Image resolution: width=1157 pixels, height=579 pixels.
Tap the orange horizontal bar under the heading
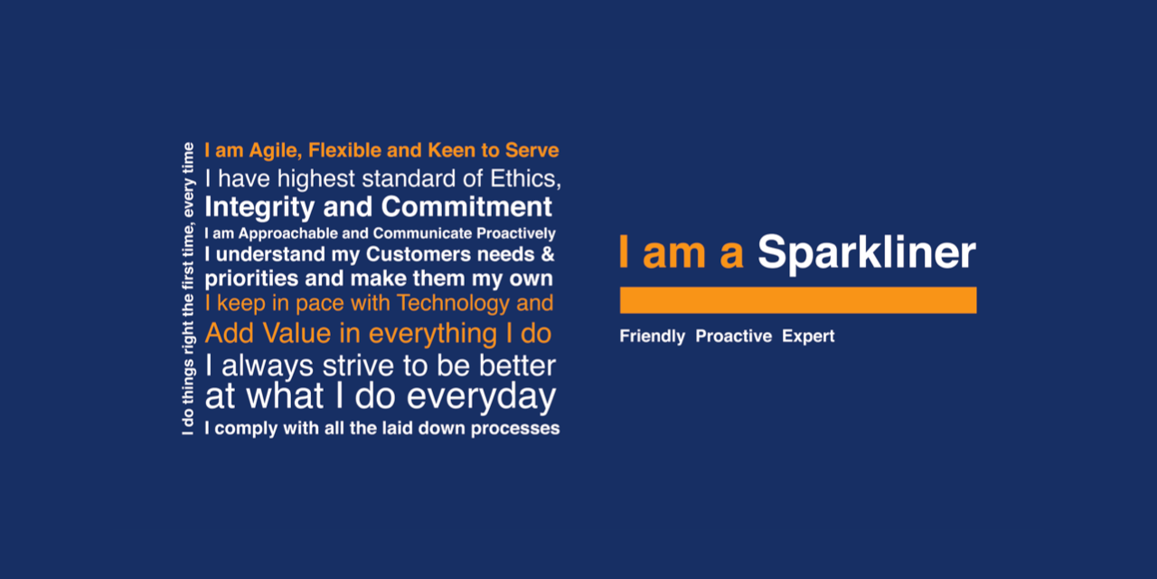click(x=798, y=299)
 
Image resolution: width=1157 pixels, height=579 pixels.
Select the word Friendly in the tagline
click(x=653, y=337)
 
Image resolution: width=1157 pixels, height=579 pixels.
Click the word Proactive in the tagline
click(x=733, y=336)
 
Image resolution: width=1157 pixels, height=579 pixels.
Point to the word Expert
click(x=808, y=337)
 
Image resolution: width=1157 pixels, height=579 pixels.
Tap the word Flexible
click(x=344, y=150)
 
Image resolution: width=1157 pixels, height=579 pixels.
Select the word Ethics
click(x=525, y=179)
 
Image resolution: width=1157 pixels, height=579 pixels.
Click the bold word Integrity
click(x=259, y=208)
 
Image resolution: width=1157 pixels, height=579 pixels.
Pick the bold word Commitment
click(x=466, y=207)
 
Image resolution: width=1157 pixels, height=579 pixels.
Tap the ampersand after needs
click(x=548, y=254)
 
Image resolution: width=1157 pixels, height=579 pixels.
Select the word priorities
click(x=251, y=280)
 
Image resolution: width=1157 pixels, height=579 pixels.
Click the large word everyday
click(x=482, y=397)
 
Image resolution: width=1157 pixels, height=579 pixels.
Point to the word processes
click(x=515, y=429)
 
